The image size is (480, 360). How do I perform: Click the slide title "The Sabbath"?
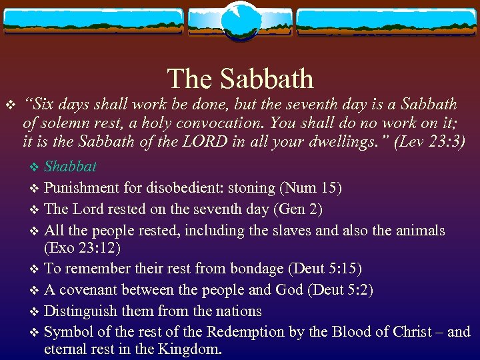pos(240,79)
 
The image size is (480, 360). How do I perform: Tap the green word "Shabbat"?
pos(70,166)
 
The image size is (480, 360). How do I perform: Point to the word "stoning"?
pos(243,188)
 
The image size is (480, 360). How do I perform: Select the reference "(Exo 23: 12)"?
pos(83,248)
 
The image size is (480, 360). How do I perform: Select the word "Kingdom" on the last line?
pos(194,349)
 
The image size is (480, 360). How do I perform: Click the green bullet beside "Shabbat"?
pos(36,167)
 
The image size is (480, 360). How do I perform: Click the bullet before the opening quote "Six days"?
pos(9,105)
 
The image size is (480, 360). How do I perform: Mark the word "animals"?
pos(419,231)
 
